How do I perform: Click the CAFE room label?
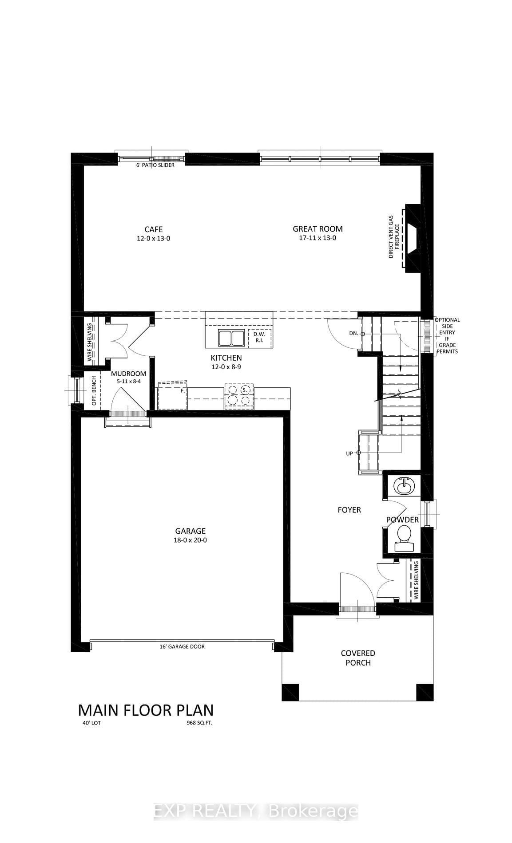coord(154,229)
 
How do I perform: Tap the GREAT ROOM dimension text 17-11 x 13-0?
coord(318,238)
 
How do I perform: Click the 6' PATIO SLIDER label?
coord(155,165)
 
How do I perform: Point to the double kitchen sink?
coord(231,338)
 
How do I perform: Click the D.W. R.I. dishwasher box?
coord(259,337)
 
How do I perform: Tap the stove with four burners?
coord(239,396)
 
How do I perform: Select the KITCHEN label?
coord(226,358)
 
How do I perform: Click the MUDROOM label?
coord(128,374)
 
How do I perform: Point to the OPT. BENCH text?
coord(94,390)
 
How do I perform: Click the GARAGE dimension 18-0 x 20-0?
coord(191,540)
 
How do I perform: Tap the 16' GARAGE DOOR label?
coord(182,646)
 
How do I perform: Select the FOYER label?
coord(349,510)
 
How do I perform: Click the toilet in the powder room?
coord(404,536)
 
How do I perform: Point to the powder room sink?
coord(404,486)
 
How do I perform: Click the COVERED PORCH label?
coord(358,658)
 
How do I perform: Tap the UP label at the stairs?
coord(349,453)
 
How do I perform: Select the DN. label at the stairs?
coord(353,333)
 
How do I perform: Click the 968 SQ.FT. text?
coord(199,723)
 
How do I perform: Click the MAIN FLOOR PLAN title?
coord(146,710)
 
